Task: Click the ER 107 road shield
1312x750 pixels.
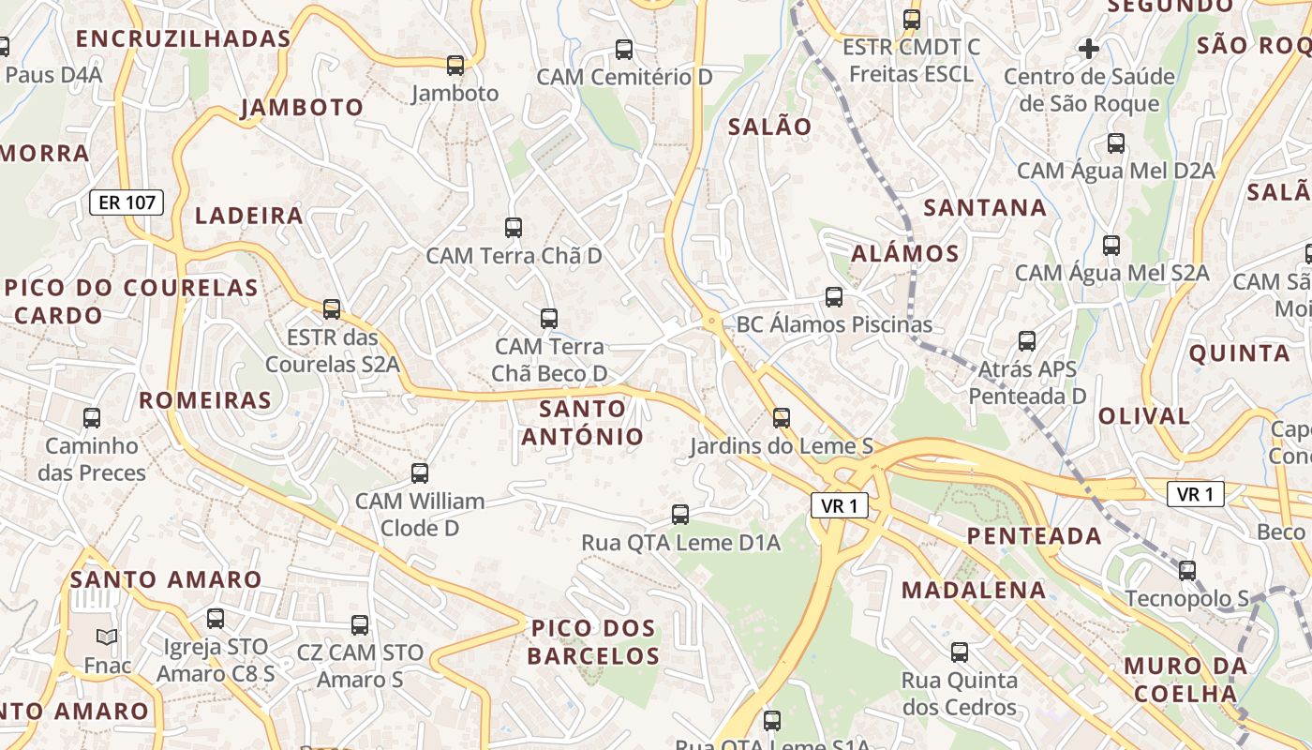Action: [x=127, y=202]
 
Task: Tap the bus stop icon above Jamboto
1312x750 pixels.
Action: [x=455, y=65]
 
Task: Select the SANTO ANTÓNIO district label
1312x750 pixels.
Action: [x=583, y=423]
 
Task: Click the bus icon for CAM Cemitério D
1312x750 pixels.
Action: [x=624, y=50]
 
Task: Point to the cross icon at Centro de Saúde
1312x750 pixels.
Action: [x=1089, y=48]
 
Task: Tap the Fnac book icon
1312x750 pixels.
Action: [x=107, y=637]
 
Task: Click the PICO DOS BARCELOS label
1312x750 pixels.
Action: [x=593, y=641]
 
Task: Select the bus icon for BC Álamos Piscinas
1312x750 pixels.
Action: [x=834, y=297]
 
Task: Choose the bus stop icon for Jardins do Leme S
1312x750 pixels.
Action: [x=782, y=418]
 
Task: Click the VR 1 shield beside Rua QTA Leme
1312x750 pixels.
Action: [x=839, y=506]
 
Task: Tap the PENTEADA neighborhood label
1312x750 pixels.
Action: [x=1034, y=536]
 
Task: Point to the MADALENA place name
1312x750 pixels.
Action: [x=974, y=590]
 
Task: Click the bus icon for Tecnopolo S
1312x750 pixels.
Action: [x=1187, y=570]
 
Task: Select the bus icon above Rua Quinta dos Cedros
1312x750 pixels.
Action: [x=960, y=652]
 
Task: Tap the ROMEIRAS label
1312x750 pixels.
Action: [x=205, y=400]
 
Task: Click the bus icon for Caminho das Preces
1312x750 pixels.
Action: [x=92, y=418]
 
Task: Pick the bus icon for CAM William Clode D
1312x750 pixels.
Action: [x=420, y=473]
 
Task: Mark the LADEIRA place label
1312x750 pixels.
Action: [x=249, y=216]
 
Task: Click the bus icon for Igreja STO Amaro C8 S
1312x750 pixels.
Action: [x=216, y=619]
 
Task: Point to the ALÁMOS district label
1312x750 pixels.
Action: [x=905, y=253]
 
